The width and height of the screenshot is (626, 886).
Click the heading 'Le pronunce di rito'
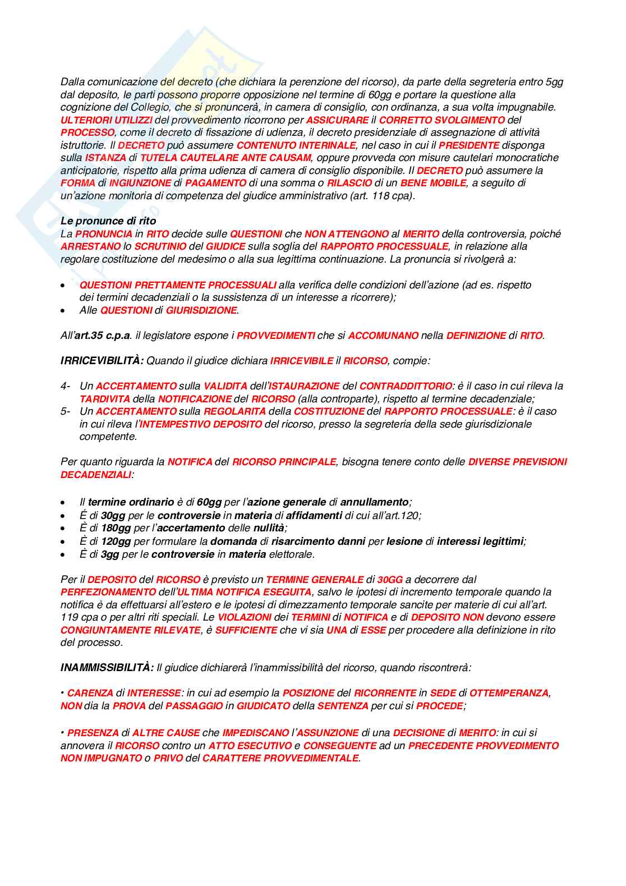click(x=108, y=221)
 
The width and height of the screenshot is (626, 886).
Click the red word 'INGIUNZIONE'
click(x=140, y=183)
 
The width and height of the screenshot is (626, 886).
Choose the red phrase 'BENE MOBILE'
click(x=433, y=183)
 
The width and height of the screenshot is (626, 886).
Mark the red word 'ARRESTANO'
click(x=90, y=246)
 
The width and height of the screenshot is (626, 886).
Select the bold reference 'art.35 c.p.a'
click(x=103, y=336)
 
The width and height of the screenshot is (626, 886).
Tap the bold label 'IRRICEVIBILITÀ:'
click(x=102, y=361)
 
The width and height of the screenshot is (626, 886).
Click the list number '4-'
click(x=66, y=386)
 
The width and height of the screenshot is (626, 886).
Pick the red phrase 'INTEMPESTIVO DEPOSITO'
click(x=200, y=424)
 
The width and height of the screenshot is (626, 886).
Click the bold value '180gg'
click(x=116, y=528)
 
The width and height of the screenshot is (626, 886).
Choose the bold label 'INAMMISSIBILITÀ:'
click(x=107, y=668)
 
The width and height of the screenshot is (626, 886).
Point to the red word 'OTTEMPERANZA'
click(x=509, y=694)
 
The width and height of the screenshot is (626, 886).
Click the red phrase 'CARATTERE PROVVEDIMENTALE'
click(x=280, y=759)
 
